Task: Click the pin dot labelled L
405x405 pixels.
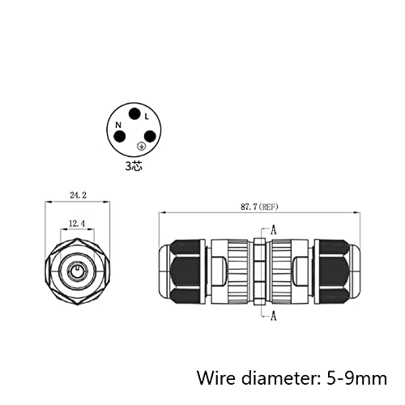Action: tap(134, 114)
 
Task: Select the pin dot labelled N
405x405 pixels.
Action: tap(120, 137)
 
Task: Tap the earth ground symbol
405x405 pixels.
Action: tap(141, 147)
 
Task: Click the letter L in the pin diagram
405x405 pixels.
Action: tap(147, 117)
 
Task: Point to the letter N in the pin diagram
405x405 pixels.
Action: tap(118, 125)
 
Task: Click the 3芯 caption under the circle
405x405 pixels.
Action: tap(134, 166)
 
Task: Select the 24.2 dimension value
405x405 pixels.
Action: tap(78, 195)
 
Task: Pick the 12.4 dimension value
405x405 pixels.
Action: tap(77, 224)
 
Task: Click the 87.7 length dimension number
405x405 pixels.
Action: tap(249, 207)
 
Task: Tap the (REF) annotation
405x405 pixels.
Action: tap(268, 207)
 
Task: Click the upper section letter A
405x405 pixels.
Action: tap(274, 230)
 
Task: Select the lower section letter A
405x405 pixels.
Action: tap(274, 315)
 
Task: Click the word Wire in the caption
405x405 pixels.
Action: tap(216, 377)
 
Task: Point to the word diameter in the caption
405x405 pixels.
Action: tap(281, 377)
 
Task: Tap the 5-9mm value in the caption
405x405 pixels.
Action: tap(356, 378)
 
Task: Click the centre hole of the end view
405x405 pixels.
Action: tap(77, 271)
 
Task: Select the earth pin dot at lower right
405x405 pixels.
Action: tap(150, 137)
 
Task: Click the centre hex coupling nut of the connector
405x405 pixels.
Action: tap(260, 271)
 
